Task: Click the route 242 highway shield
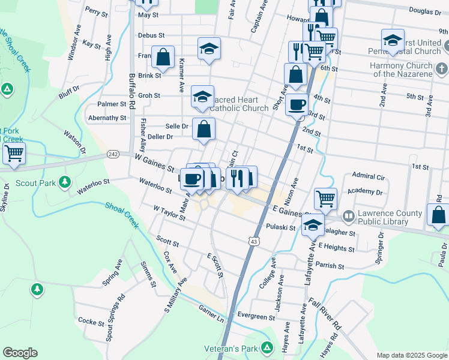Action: (113, 154)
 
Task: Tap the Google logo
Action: (20, 353)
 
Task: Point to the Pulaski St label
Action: (280, 227)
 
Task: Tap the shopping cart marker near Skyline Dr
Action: (14, 153)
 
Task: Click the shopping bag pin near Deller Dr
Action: (204, 129)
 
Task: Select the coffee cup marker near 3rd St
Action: (297, 106)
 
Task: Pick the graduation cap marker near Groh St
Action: (202, 96)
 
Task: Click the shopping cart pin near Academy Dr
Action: (325, 198)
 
